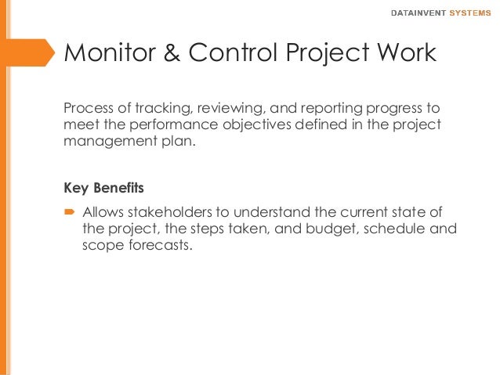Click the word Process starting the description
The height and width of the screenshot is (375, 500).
pos(86,108)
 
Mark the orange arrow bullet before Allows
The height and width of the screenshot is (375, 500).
pos(69,212)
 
